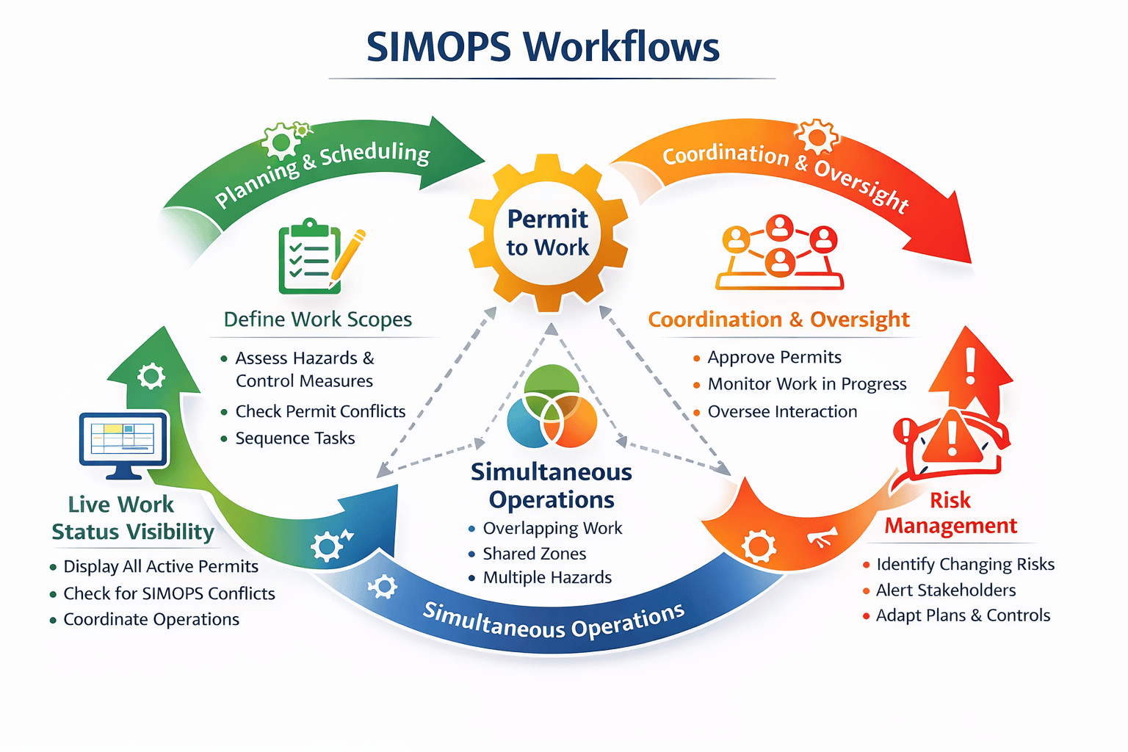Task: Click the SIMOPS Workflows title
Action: click(x=543, y=47)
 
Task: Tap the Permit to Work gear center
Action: click(x=548, y=233)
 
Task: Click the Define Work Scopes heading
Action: click(x=317, y=319)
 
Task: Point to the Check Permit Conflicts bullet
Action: click(x=320, y=411)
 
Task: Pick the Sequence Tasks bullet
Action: click(x=294, y=438)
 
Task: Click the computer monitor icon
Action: click(x=123, y=444)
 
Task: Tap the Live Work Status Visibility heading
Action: click(x=132, y=518)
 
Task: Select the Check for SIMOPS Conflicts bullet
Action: click(x=169, y=593)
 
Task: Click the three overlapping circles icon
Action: click(x=552, y=407)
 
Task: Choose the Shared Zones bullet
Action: click(x=534, y=554)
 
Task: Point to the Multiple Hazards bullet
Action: click(x=547, y=578)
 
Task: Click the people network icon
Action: click(x=780, y=253)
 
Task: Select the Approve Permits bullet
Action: click(x=774, y=358)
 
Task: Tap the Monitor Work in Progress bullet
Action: click(x=806, y=384)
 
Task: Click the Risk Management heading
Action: click(x=950, y=513)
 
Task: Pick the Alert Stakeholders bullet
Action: click(x=945, y=590)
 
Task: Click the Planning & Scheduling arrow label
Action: click(x=322, y=172)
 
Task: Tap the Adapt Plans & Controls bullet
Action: click(x=962, y=615)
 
